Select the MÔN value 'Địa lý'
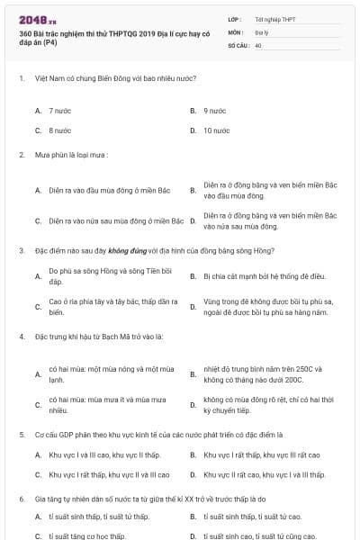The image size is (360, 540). click(260, 31)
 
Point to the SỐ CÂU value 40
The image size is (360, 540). click(258, 44)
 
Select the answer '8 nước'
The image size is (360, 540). click(61, 130)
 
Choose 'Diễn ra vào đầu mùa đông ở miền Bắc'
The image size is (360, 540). click(109, 190)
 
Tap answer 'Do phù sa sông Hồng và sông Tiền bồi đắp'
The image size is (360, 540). click(107, 275)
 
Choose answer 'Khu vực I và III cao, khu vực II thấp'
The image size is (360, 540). click(104, 454)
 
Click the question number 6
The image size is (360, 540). click(21, 498)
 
